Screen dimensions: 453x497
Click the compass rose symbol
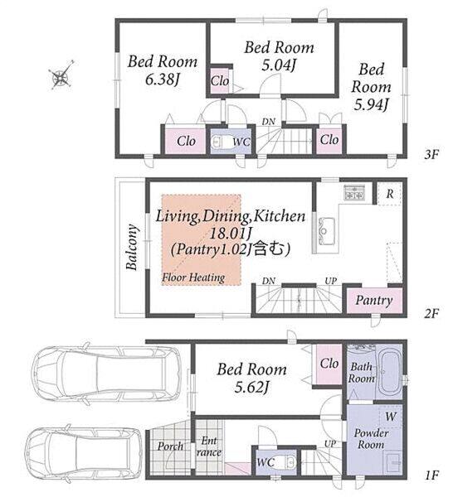61,75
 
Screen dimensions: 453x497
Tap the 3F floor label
431,155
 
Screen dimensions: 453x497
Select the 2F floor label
431,313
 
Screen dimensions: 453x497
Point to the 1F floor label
431,475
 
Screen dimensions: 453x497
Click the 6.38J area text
163,80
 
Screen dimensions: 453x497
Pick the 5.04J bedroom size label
279,65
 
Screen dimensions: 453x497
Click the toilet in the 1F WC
290,462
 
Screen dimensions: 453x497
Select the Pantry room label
374,301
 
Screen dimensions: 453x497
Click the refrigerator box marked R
389,193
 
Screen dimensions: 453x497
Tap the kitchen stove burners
354,192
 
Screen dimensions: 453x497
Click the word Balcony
132,247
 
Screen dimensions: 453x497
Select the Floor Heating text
193,277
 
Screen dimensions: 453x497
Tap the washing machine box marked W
390,416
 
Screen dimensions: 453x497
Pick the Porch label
170,446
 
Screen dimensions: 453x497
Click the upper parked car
106,374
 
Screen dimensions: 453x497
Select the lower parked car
83,454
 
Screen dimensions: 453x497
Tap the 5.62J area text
251,387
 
